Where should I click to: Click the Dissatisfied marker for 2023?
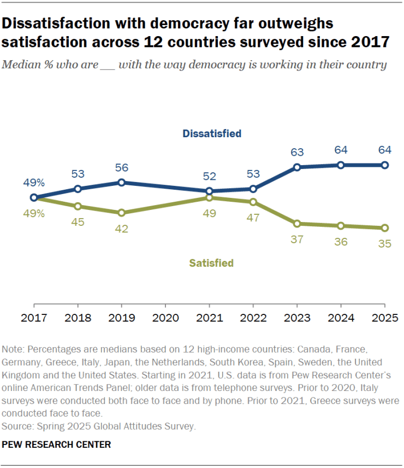[296, 167]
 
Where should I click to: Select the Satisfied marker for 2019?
[121, 213]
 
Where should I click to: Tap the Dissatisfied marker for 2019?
[121, 182]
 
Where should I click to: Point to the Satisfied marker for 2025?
[384, 228]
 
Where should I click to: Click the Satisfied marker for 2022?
[253, 202]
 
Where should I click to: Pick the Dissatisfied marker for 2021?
[209, 191]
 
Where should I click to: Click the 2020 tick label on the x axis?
[165, 317]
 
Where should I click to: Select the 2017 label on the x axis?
[34, 317]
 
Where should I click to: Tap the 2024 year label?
[341, 317]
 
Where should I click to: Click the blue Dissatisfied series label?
[212, 133]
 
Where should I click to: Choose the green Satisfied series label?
[211, 263]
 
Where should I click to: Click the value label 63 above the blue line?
[296, 152]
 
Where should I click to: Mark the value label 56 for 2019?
[121, 167]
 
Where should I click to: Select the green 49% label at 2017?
[33, 214]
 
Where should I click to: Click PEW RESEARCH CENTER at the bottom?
[57, 444]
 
